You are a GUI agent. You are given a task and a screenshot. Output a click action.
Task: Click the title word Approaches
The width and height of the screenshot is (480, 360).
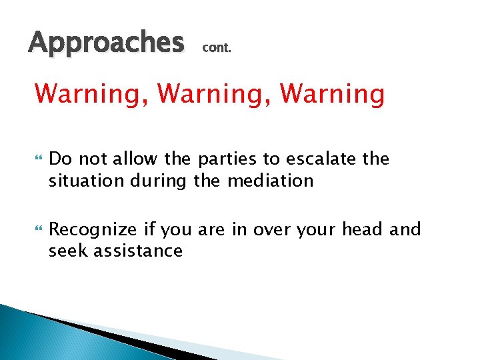click(106, 43)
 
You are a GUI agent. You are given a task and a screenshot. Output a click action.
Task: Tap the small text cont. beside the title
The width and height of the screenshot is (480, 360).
click(216, 48)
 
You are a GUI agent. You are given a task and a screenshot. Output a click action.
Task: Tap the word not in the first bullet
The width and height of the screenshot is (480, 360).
click(94, 159)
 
